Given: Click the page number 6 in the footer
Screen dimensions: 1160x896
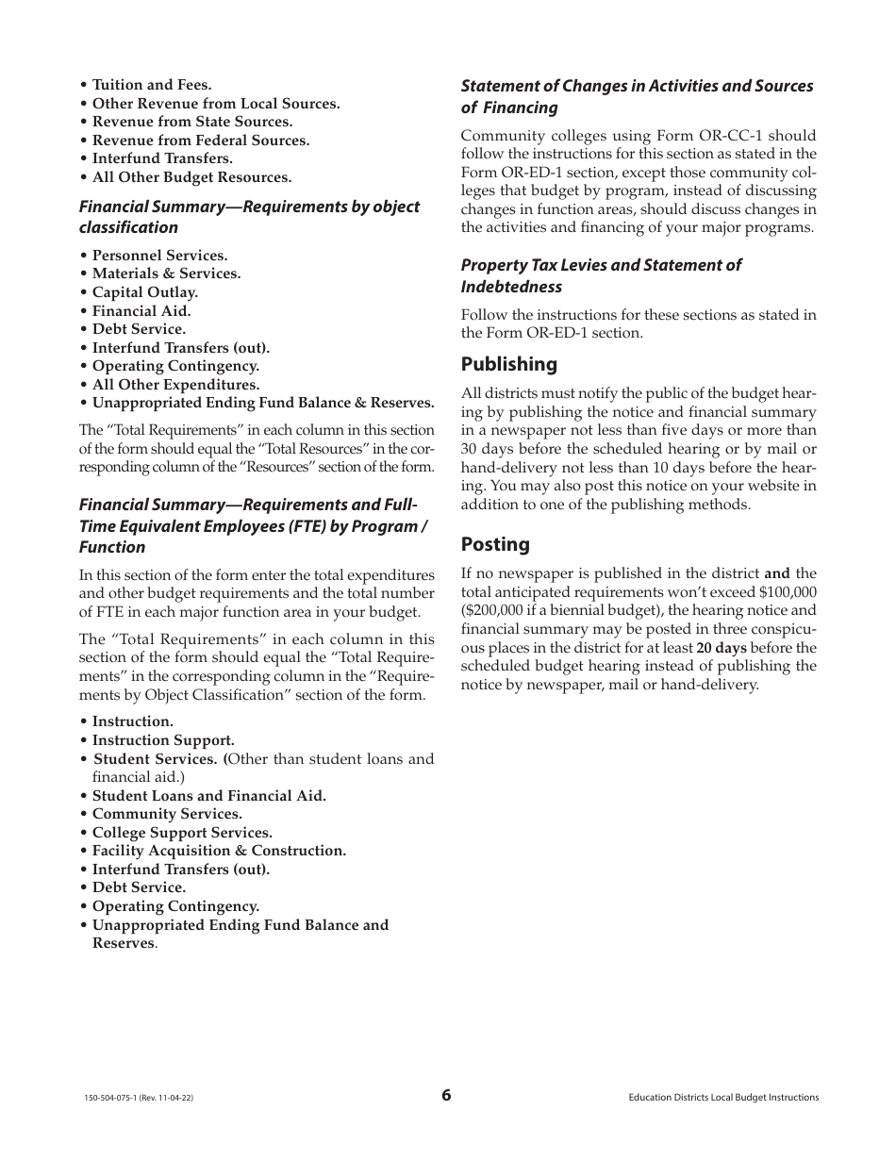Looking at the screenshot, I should pos(446,1095).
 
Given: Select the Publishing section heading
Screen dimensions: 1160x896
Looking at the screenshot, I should pos(508,364).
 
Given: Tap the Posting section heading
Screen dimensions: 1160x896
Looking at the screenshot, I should pos(495,544).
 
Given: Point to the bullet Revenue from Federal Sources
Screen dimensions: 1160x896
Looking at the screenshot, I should pos(200,141).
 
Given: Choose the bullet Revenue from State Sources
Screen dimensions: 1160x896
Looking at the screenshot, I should pos(191,122).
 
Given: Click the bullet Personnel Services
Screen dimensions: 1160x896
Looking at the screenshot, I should pos(159,256).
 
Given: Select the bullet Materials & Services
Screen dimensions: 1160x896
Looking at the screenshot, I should pos(166,273).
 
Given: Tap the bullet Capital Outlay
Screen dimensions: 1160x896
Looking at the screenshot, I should pos(144,292).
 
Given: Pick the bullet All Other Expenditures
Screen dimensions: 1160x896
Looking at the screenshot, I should pos(175,385).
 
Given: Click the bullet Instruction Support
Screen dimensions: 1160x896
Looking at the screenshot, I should pos(163,740).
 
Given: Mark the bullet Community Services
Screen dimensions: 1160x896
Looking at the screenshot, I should pos(167,814).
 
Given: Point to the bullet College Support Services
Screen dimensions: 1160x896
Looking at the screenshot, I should pos(182,833).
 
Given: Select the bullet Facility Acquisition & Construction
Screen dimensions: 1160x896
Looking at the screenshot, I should pos(219,851).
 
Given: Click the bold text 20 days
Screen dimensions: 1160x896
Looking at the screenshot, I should pos(722,648).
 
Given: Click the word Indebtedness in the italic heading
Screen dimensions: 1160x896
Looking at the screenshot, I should pos(511,287).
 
